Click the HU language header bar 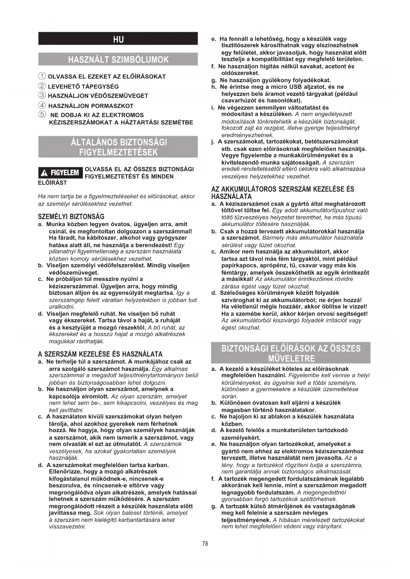[x=118, y=39]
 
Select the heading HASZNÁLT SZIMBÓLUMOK [x=118, y=59]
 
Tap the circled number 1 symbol [x=42, y=76]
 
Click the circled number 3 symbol [x=42, y=95]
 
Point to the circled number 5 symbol [x=42, y=115]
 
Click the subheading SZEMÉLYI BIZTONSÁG [x=71, y=217]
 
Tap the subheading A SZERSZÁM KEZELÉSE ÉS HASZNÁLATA [x=100, y=354]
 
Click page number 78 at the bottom [x=205, y=543]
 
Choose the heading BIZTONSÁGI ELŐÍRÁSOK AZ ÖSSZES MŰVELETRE [x=291, y=353]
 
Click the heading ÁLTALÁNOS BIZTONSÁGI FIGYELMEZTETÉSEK [x=118, y=147]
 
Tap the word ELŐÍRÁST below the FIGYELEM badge [x=53, y=183]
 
